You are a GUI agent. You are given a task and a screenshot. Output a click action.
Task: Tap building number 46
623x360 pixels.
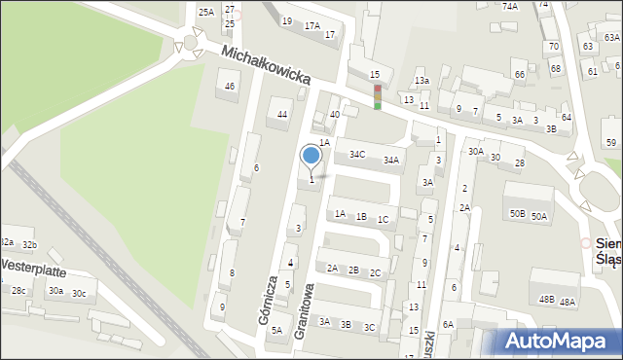tap(230, 87)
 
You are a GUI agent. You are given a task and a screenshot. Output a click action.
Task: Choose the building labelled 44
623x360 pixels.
tap(282, 115)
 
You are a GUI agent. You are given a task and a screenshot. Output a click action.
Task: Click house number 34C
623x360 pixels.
tap(358, 154)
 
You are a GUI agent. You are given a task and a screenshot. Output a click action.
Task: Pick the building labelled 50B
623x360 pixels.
tap(517, 213)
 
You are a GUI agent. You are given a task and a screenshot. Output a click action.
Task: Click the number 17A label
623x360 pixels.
tap(311, 26)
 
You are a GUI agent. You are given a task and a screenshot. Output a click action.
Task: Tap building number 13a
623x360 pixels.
tap(421, 81)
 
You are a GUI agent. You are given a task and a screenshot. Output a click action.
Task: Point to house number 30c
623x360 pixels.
tap(79, 294)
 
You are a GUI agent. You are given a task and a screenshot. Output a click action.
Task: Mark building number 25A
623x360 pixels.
tap(206, 12)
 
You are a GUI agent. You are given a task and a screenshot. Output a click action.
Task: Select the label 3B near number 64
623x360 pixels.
tap(551, 128)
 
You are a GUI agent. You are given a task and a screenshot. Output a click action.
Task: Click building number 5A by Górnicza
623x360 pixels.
tap(276, 331)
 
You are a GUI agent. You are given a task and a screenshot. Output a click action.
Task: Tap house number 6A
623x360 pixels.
tap(448, 324)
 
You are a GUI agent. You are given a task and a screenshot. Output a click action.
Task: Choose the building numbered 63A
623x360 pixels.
tap(611, 37)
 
